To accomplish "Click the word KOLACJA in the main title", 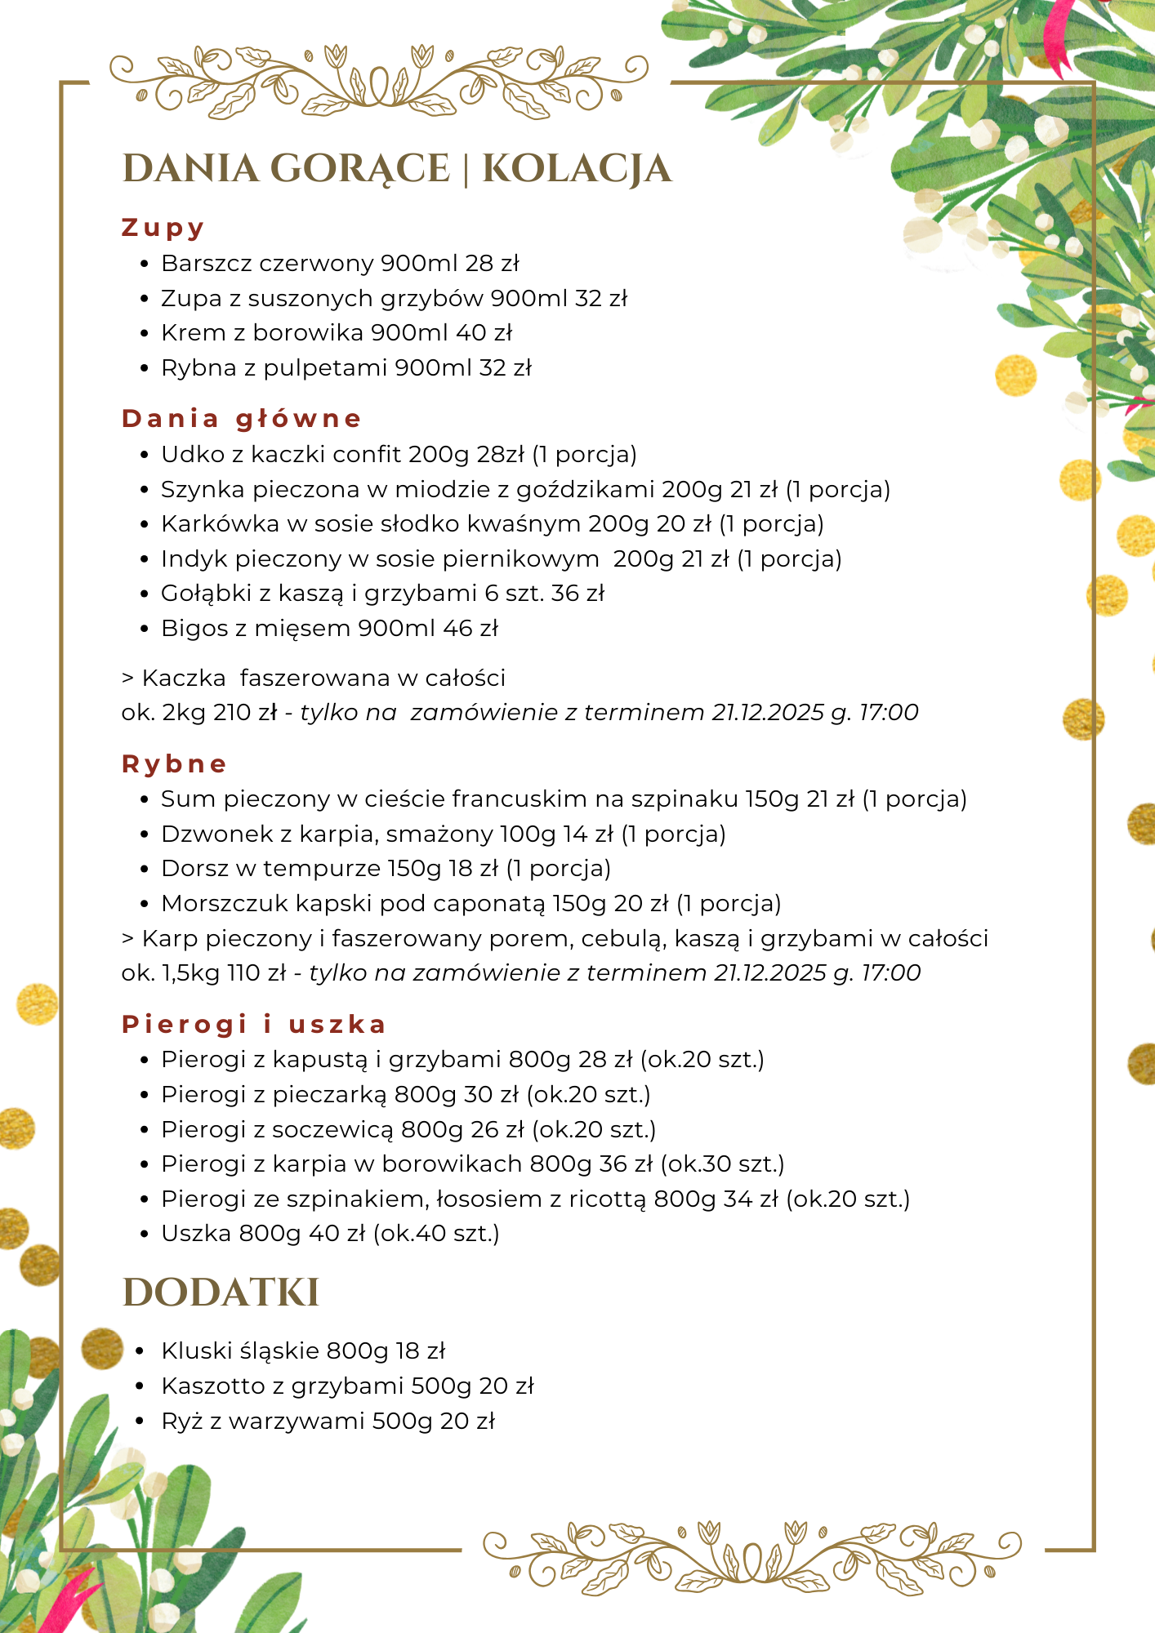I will pos(577,169).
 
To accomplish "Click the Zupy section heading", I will pos(163,228).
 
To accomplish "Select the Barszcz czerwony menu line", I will pos(340,264).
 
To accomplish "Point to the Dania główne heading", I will pos(241,419).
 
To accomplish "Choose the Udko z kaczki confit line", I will pos(399,454).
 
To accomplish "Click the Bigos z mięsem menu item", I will pos(329,629).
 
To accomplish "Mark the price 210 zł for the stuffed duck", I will pos(245,713).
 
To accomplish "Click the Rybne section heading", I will pos(174,764).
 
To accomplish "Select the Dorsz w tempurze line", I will pos(386,869).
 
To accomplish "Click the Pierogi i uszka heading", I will pos(253,1025).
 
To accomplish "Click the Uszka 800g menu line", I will pos(330,1234).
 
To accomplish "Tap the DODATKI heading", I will pos(221,1293).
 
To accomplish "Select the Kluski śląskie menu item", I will pos(303,1351).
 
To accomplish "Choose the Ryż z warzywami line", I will pos(328,1422).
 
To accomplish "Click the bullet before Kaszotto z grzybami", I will pos(145,1386).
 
